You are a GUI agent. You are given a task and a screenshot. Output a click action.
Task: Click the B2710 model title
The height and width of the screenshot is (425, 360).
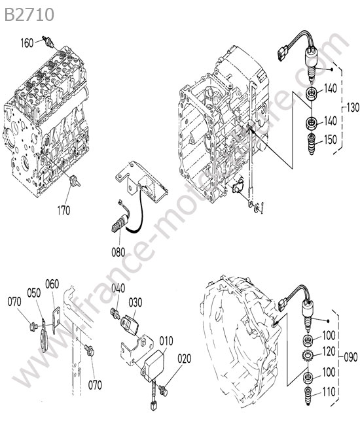[29, 15]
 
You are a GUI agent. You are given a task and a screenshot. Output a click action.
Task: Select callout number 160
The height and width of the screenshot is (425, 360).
[27, 42]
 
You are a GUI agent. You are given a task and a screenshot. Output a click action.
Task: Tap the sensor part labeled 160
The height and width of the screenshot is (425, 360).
[49, 42]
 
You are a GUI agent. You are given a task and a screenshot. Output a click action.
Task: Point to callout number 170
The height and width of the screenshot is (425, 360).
[63, 210]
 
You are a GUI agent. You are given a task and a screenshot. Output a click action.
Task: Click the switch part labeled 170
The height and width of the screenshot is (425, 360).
[75, 181]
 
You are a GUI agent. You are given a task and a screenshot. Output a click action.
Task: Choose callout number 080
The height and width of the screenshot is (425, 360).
[118, 252]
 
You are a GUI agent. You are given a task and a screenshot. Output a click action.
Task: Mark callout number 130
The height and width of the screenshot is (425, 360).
[353, 108]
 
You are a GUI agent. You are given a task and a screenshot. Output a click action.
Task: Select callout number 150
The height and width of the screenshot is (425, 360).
[331, 139]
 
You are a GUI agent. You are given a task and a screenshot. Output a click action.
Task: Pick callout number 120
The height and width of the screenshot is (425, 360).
[329, 352]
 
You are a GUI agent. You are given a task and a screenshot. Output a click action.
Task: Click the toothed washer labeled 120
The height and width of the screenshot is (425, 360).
[308, 355]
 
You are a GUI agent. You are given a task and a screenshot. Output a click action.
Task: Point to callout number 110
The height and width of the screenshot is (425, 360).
[329, 392]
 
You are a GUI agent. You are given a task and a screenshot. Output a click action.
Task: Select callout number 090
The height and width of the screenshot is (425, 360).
[350, 357]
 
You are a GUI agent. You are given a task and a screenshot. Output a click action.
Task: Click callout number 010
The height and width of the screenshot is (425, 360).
[166, 341]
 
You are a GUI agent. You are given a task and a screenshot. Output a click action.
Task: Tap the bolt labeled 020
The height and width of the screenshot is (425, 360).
[164, 390]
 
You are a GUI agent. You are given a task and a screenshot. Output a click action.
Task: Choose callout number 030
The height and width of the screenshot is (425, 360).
[135, 303]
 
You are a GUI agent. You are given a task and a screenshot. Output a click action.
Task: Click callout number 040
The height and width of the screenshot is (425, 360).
[118, 288]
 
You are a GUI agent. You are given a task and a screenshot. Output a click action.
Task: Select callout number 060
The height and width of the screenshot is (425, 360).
[52, 284]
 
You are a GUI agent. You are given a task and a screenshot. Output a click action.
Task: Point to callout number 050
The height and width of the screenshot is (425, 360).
[34, 293]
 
